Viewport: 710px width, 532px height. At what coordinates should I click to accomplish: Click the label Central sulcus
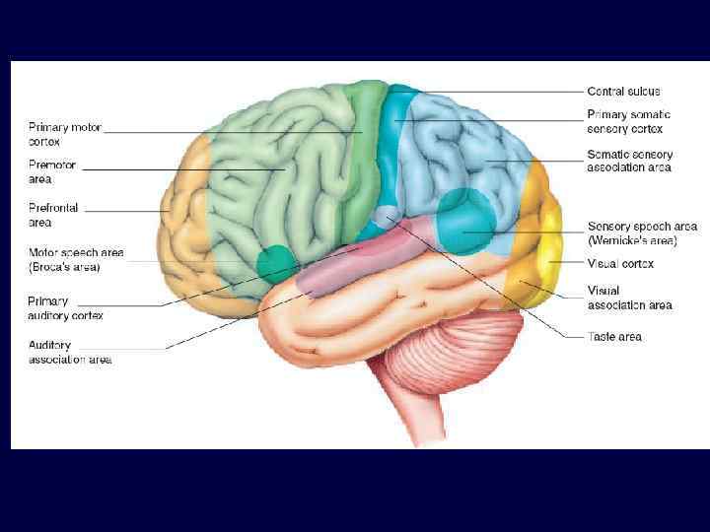[623, 92]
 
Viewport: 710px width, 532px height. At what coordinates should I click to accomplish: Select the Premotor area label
[52, 171]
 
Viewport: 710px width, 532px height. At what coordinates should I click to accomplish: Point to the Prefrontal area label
[53, 215]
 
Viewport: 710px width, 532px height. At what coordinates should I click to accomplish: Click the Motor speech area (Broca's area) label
[76, 259]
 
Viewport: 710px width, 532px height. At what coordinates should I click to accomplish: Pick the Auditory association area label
[69, 352]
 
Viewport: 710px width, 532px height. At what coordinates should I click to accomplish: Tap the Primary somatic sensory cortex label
[627, 122]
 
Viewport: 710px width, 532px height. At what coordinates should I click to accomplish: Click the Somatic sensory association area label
[629, 161]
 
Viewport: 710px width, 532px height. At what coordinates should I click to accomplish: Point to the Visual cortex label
[620, 264]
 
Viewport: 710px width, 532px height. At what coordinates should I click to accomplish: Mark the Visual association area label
[629, 298]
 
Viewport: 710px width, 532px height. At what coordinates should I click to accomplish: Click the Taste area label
[614, 337]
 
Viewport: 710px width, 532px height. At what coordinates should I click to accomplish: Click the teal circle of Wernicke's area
[464, 221]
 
